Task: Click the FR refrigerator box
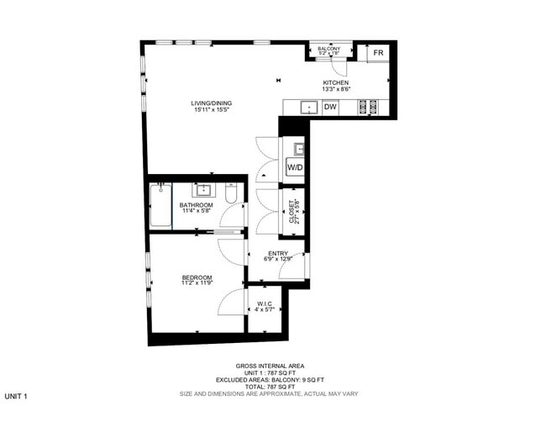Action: pyautogui.click(x=379, y=53)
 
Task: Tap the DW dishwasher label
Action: pyautogui.click(x=330, y=107)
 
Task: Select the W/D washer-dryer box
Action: pyautogui.click(x=295, y=168)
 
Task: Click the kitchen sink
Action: pyautogui.click(x=308, y=107)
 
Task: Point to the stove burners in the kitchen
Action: pyautogui.click(x=368, y=107)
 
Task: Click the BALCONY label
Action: pyautogui.click(x=329, y=50)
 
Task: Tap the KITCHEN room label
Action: pyautogui.click(x=335, y=82)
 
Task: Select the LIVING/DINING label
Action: pyautogui.click(x=211, y=103)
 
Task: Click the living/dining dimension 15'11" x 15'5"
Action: pyautogui.click(x=211, y=110)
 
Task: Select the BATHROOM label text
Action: pyautogui.click(x=196, y=205)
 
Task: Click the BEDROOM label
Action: pyautogui.click(x=197, y=277)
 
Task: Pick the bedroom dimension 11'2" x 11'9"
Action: pyautogui.click(x=197, y=284)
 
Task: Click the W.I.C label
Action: pyautogui.click(x=266, y=304)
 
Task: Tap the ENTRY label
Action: pyautogui.click(x=278, y=253)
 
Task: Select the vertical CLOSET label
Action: pyautogui.click(x=291, y=208)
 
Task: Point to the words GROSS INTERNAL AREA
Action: pyautogui.click(x=270, y=366)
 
